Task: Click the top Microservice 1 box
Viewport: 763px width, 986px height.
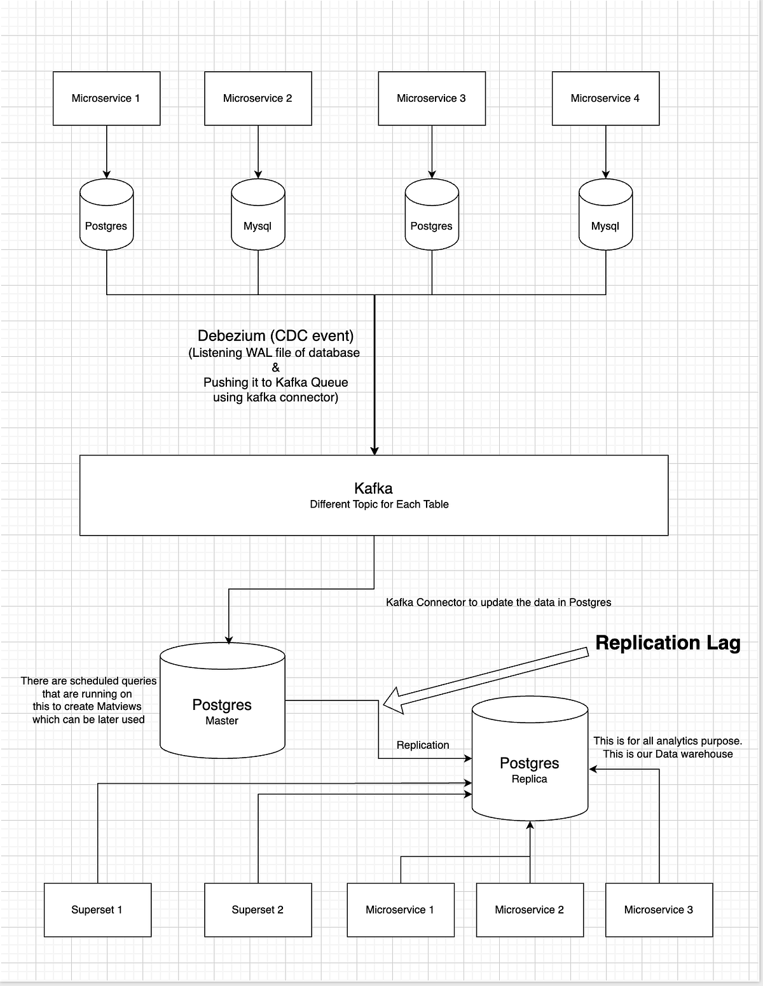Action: tap(106, 98)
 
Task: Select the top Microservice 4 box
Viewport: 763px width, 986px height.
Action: tap(605, 98)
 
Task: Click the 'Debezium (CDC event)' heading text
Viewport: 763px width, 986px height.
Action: tap(275, 336)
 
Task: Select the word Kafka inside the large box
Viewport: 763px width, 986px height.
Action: tap(373, 489)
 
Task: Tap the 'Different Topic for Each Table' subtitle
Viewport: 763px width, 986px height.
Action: tap(379, 504)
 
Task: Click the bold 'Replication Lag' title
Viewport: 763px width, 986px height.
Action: tap(668, 643)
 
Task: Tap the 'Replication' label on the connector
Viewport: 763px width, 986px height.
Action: tap(423, 745)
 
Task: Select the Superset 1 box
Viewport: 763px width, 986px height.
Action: tap(97, 910)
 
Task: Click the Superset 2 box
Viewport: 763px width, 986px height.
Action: tap(258, 910)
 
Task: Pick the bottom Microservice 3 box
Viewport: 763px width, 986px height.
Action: tap(659, 910)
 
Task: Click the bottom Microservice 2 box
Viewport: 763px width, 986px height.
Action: tap(529, 910)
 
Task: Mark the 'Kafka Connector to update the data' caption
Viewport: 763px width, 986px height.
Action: tap(498, 602)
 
